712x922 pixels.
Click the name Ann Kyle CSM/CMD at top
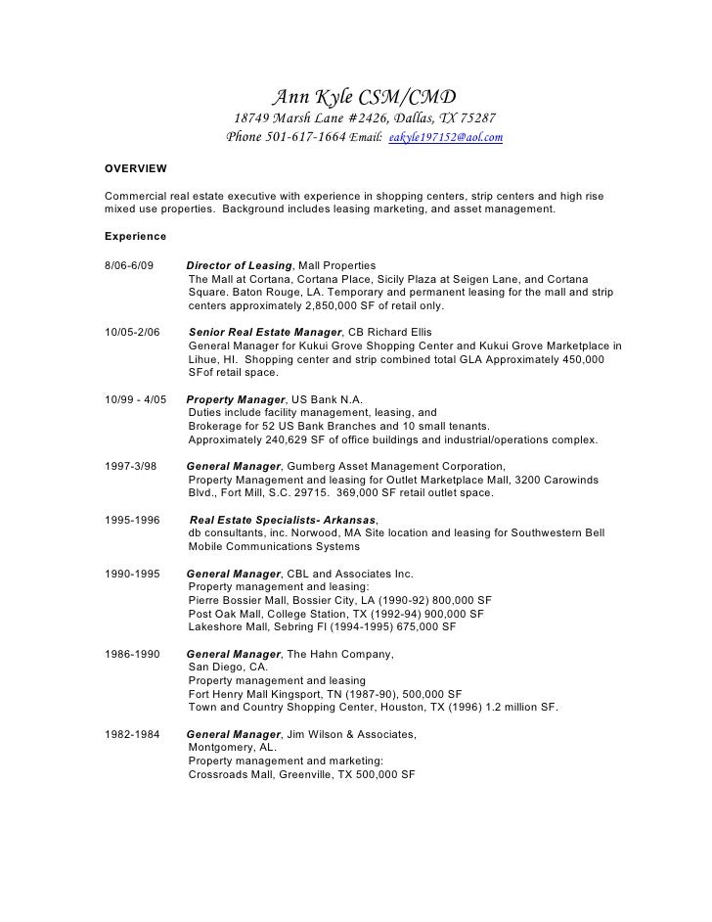pyautogui.click(x=362, y=96)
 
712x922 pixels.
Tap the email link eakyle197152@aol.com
pyautogui.click(x=445, y=139)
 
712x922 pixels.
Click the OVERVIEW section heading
pyautogui.click(x=135, y=169)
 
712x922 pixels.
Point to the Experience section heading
pyautogui.click(x=135, y=237)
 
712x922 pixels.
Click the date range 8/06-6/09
pyautogui.click(x=129, y=265)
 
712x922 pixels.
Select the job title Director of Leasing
pyautogui.click(x=239, y=265)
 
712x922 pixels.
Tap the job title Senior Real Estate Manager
pyautogui.click(x=264, y=333)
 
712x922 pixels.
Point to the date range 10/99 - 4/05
pyautogui.click(x=136, y=400)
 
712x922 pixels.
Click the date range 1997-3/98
pyautogui.click(x=131, y=467)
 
